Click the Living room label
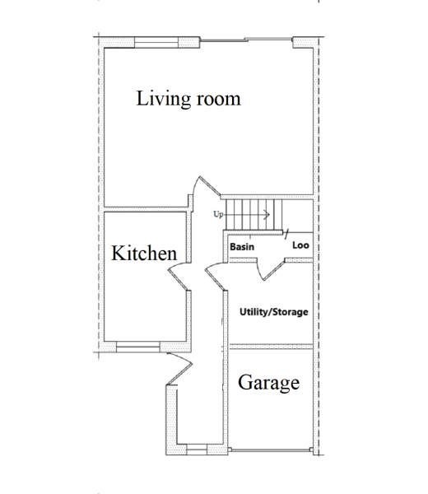point(188,99)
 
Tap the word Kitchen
point(144,253)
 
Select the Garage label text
point(268,383)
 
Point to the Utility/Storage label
point(274,312)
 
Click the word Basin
point(242,247)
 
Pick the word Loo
point(300,245)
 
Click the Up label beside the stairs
point(218,214)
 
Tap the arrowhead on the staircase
point(267,215)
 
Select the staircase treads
point(254,215)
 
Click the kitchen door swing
point(178,277)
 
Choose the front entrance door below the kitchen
point(180,368)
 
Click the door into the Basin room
point(272,269)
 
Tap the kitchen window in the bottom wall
point(138,347)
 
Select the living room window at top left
point(156,43)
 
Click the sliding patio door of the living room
point(246,40)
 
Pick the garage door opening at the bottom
point(270,450)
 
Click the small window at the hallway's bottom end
point(197,450)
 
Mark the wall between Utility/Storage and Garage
point(271,347)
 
